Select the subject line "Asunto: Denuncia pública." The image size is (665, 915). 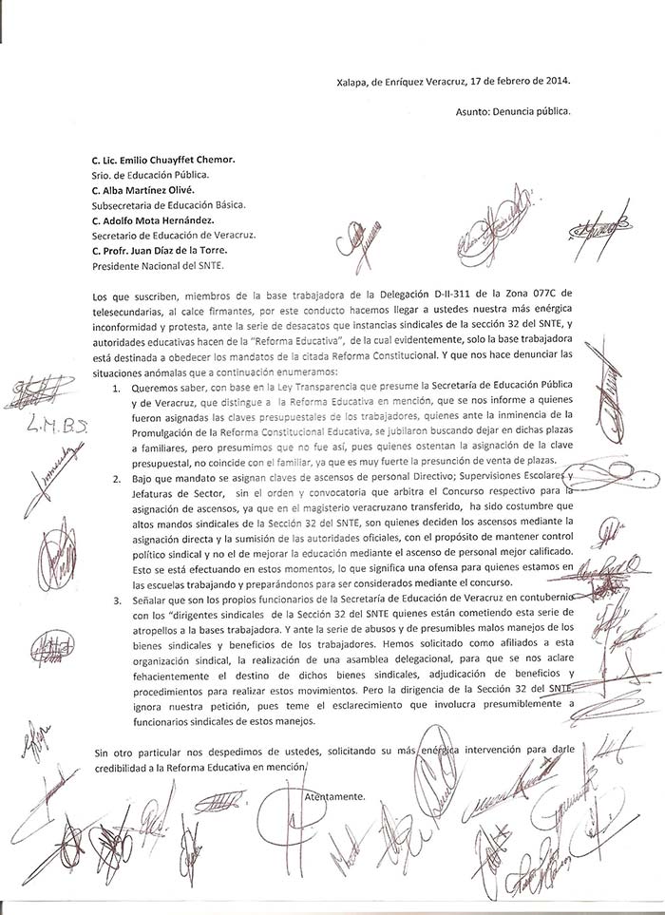click(x=512, y=111)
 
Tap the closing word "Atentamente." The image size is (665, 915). click(x=334, y=795)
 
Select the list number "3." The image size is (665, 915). click(x=116, y=599)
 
